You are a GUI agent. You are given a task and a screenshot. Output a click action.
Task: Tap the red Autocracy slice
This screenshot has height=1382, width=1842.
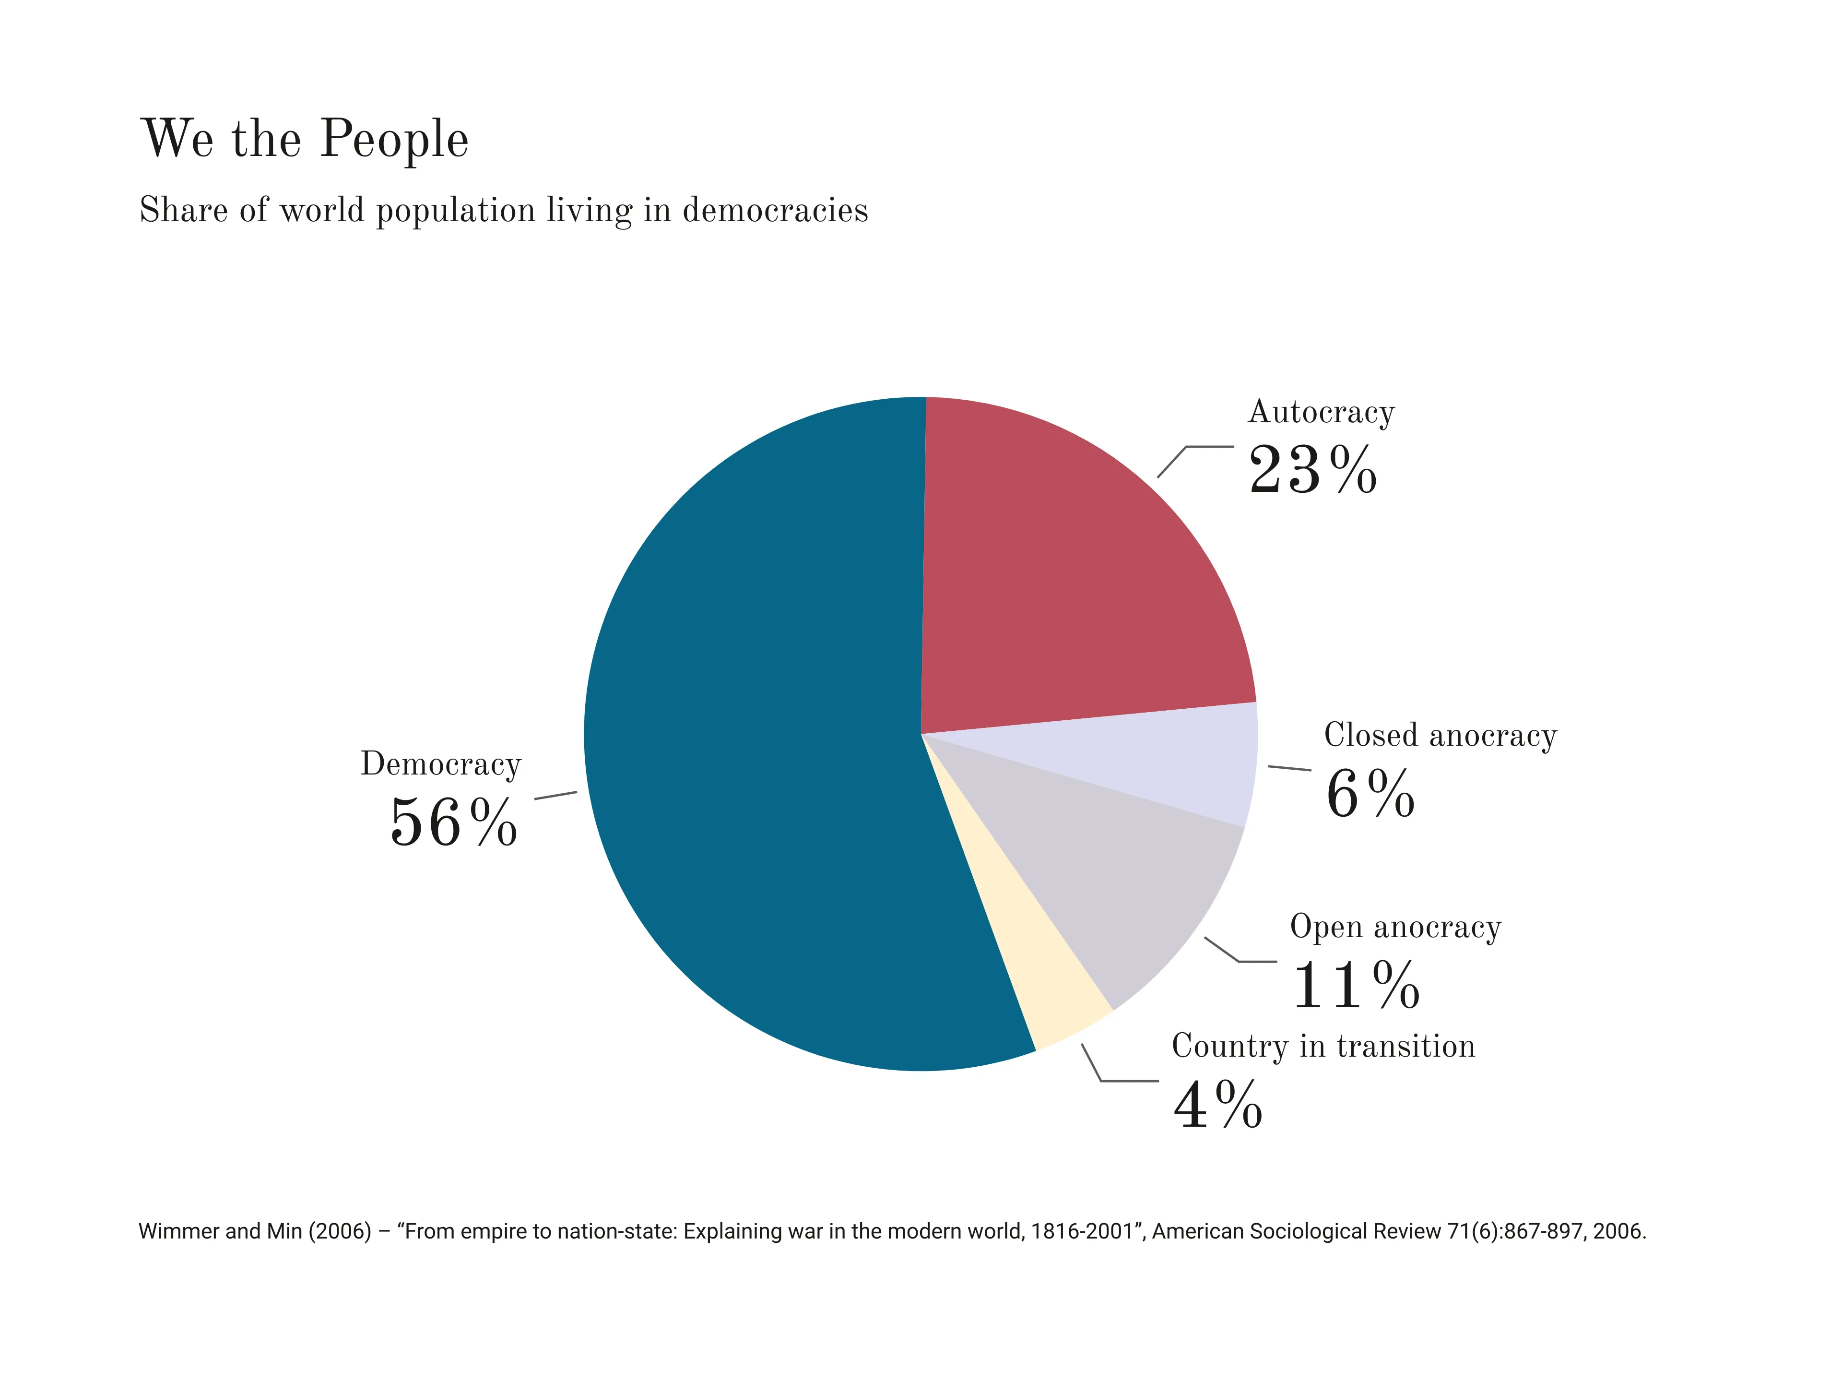click(x=1074, y=583)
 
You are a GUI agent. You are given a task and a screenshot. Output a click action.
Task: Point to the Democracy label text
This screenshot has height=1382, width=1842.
click(x=440, y=764)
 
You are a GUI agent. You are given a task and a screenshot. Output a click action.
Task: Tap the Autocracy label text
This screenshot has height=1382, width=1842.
click(x=1321, y=412)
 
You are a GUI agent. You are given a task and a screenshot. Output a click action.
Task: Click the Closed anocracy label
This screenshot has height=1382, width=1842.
click(x=1440, y=735)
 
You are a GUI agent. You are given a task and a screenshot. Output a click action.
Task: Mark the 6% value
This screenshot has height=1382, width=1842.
click(x=1370, y=794)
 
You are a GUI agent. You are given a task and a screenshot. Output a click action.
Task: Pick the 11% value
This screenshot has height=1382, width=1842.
click(x=1356, y=986)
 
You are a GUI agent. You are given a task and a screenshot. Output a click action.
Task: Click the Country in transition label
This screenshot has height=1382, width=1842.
click(x=1322, y=1046)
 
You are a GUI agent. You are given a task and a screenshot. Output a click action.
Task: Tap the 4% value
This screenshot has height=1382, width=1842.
click(x=1217, y=1106)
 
